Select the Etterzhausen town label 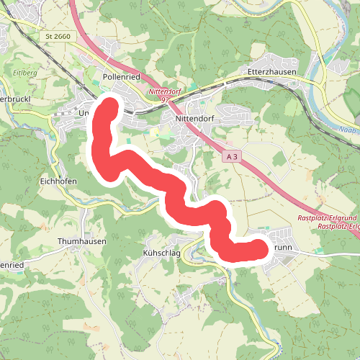[x=268, y=73]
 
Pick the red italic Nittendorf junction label [x=163, y=93]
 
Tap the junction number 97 [x=168, y=101]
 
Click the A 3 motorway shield [x=231, y=156]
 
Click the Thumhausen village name [x=81, y=242]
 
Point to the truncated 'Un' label [x=83, y=113]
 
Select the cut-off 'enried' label [x=12, y=265]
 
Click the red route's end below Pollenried [x=109, y=108]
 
